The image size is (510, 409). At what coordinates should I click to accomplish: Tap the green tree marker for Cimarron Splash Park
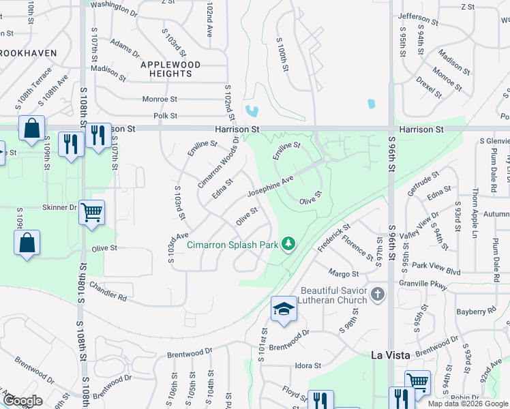click(288, 243)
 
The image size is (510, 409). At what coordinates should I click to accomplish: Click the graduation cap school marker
click(284, 309)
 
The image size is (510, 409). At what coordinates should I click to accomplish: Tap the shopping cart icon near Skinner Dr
click(91, 212)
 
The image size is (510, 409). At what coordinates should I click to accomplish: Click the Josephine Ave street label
click(270, 185)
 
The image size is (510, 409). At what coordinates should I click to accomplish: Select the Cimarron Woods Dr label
click(218, 163)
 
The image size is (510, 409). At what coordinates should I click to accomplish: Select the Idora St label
click(307, 366)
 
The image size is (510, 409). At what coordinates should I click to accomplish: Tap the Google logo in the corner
click(22, 401)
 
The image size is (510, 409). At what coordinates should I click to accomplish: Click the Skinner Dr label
click(59, 207)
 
